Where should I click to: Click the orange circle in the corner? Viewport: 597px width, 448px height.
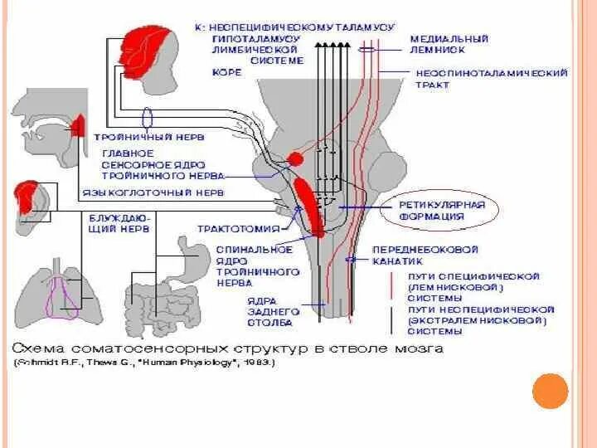click(550, 391)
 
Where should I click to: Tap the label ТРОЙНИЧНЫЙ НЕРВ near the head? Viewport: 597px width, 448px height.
click(148, 136)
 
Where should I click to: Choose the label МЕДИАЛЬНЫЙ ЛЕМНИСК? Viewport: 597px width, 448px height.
click(450, 44)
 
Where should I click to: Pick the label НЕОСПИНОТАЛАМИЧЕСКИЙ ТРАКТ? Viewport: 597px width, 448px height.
click(491, 79)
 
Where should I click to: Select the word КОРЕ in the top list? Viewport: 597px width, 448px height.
click(227, 73)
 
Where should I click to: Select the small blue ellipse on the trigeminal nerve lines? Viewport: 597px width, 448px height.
click(148, 115)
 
